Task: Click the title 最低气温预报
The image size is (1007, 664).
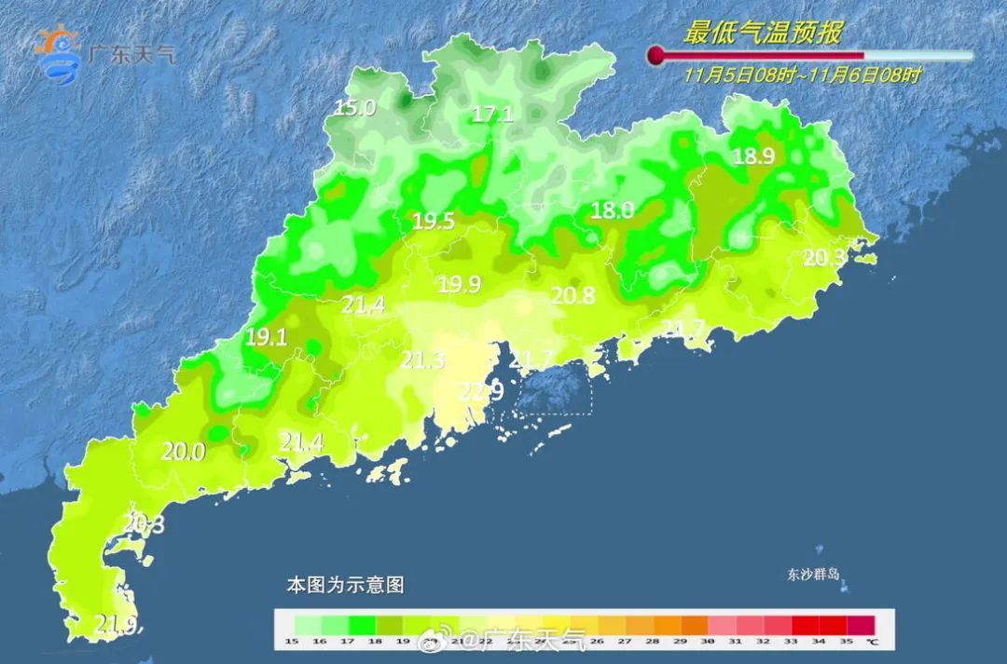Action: (x=763, y=34)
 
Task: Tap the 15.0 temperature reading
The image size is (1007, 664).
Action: (x=354, y=108)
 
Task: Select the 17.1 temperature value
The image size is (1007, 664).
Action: (x=492, y=115)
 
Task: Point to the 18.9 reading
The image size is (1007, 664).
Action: (x=753, y=156)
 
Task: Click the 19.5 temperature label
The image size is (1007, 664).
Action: (x=434, y=222)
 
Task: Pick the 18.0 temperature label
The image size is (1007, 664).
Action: (x=613, y=210)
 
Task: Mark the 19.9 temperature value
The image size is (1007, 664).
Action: (x=460, y=285)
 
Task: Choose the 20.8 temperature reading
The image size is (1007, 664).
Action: (x=573, y=296)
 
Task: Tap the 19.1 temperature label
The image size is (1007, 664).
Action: (x=266, y=338)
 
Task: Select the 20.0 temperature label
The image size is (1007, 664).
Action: (x=183, y=452)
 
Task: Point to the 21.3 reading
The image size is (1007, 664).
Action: (x=422, y=360)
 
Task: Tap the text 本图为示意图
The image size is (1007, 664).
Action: (x=345, y=586)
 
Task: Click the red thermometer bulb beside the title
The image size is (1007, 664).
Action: (x=656, y=56)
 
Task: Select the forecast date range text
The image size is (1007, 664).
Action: (x=802, y=75)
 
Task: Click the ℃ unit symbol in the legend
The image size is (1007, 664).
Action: (x=871, y=641)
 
